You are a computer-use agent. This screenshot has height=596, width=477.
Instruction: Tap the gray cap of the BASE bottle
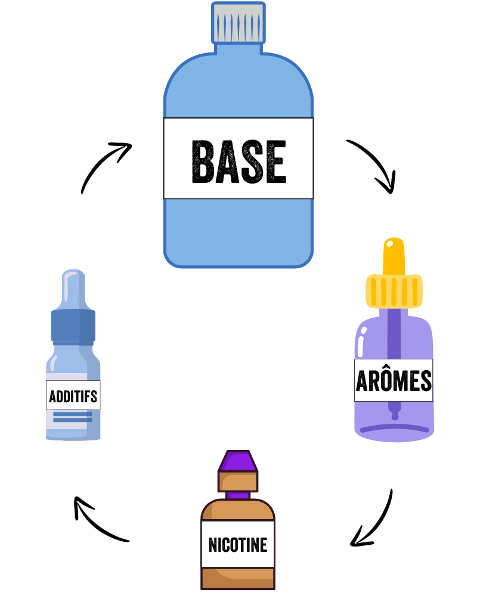click(238, 23)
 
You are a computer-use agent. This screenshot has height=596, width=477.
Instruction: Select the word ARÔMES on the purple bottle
click(394, 380)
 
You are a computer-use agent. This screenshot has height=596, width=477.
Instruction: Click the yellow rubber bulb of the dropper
click(394, 255)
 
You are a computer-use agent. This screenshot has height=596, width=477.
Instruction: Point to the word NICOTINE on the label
click(238, 544)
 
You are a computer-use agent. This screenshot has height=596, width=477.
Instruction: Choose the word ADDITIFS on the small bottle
click(73, 396)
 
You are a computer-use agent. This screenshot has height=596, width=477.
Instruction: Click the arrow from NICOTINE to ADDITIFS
click(98, 521)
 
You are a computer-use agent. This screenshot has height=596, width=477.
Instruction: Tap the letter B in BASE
click(203, 161)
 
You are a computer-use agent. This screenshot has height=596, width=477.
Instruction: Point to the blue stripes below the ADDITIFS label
click(73, 416)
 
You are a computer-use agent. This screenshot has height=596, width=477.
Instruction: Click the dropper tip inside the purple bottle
click(394, 411)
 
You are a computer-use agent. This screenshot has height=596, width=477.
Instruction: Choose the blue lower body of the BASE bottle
click(238, 229)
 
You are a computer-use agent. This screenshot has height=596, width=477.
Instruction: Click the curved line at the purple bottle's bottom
click(394, 427)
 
